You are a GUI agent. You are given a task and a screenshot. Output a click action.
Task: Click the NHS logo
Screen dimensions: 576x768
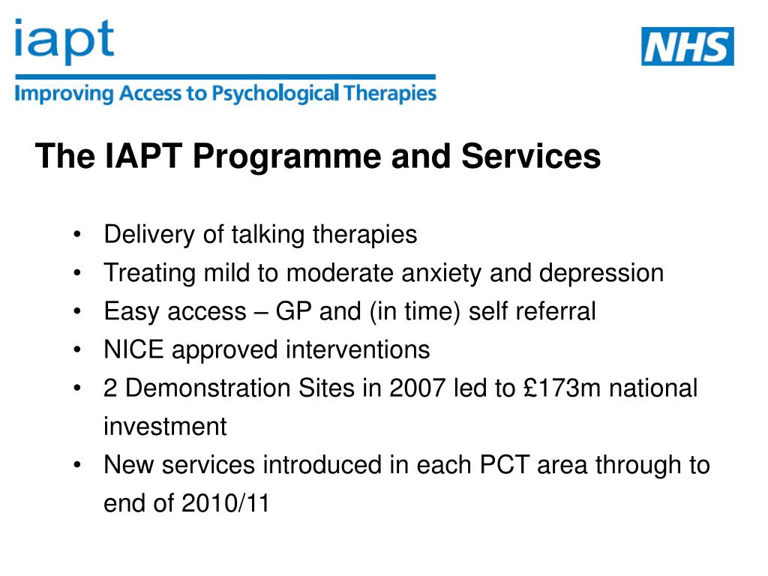[687, 46]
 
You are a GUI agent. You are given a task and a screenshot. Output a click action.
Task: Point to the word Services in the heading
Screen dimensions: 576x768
[531, 157]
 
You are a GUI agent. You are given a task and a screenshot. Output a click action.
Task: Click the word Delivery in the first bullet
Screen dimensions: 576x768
[150, 235]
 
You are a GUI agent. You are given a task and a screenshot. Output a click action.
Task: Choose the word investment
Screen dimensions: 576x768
[165, 427]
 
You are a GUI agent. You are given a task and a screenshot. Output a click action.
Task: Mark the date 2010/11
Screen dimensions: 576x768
[225, 504]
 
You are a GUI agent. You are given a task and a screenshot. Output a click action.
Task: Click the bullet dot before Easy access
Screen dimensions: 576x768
[78, 312]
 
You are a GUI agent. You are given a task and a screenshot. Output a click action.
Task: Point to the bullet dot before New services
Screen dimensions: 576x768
[78, 466]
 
